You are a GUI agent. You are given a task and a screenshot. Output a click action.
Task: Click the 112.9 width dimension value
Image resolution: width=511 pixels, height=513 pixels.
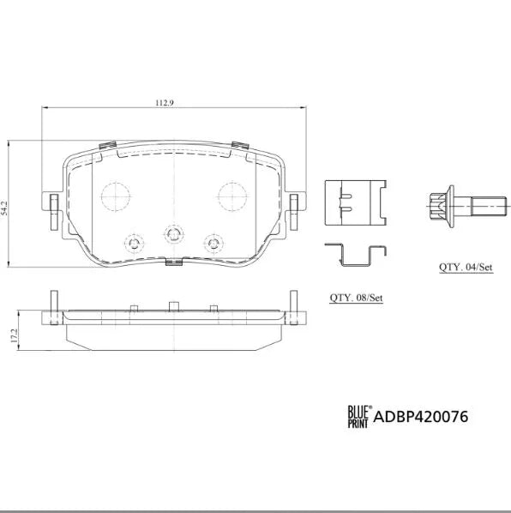pyautogui.click(x=165, y=103)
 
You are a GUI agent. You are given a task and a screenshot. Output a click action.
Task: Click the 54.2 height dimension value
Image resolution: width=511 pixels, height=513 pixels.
pyautogui.click(x=4, y=208)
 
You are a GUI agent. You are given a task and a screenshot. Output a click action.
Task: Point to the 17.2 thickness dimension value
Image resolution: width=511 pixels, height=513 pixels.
pyautogui.click(x=14, y=335)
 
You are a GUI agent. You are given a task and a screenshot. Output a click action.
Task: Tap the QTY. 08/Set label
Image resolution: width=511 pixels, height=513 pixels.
pyautogui.click(x=356, y=298)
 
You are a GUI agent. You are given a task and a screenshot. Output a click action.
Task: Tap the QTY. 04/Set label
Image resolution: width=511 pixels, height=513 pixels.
pyautogui.click(x=466, y=267)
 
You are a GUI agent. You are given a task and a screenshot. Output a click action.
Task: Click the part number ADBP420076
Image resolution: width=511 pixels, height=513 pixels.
pyautogui.click(x=421, y=417)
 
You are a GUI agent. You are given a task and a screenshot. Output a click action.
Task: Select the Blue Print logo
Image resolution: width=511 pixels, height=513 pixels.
pyautogui.click(x=359, y=416)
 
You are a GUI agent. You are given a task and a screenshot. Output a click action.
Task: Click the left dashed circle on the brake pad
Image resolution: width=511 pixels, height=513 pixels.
pyautogui.click(x=116, y=196)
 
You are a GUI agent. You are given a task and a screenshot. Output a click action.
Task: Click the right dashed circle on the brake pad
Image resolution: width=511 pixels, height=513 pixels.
pyautogui.click(x=232, y=196)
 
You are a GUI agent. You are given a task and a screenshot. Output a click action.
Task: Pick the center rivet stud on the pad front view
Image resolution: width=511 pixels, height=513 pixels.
pyautogui.click(x=173, y=234)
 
